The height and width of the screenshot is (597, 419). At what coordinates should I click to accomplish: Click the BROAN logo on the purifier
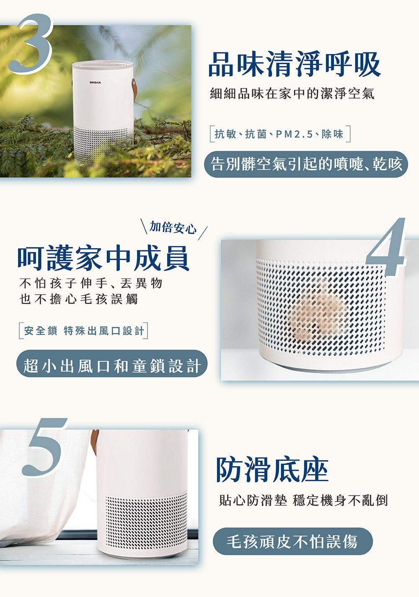pyautogui.click(x=95, y=83)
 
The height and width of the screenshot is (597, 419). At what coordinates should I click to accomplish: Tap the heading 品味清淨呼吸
pyautogui.click(x=294, y=64)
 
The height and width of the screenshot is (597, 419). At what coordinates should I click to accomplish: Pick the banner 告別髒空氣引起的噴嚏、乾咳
pyautogui.click(x=306, y=164)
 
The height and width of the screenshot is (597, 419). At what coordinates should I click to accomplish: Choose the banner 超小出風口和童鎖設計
pyautogui.click(x=112, y=366)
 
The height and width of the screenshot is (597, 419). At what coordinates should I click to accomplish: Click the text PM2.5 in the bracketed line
pyautogui.click(x=294, y=134)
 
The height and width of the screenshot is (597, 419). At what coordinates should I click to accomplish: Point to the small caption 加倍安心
pyautogui.click(x=173, y=228)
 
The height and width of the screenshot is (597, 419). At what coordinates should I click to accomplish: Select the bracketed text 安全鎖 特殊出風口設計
pyautogui.click(x=84, y=331)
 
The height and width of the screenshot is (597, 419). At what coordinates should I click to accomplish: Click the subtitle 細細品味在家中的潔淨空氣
pyautogui.click(x=292, y=93)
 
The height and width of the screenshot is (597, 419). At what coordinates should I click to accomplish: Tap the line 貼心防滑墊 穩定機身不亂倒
pyautogui.click(x=303, y=500)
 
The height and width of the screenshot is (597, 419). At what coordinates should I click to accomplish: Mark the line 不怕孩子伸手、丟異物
pyautogui.click(x=91, y=283)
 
